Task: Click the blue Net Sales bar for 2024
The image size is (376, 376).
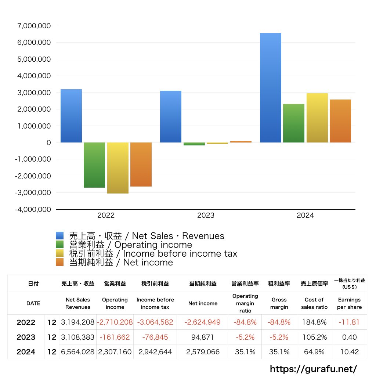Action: coord(271,88)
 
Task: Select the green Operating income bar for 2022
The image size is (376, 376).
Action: coord(94,165)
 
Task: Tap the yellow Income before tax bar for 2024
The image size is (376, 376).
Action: coord(317,118)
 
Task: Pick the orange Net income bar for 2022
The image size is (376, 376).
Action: coord(141,164)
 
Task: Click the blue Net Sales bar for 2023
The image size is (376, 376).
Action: coord(171,116)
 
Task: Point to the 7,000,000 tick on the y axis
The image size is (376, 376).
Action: coord(34,26)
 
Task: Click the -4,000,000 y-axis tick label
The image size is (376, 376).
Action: coord(32,209)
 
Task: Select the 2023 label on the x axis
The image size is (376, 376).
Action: coord(206,216)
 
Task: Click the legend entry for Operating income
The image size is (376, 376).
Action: coord(128,245)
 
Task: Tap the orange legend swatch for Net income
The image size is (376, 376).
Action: coord(60,262)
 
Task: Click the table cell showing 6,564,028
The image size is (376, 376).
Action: coord(78,352)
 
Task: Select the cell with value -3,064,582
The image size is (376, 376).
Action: coord(155,322)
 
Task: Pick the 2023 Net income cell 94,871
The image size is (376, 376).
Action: coord(203,337)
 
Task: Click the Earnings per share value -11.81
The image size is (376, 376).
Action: coord(349,322)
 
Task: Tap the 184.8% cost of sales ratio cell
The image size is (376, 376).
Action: coord(314,322)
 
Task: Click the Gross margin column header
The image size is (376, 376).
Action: coord(279,303)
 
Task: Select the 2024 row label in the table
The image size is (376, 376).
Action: coord(26,352)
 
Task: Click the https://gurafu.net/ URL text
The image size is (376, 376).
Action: coord(313,369)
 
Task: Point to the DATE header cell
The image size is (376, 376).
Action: coord(33,303)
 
